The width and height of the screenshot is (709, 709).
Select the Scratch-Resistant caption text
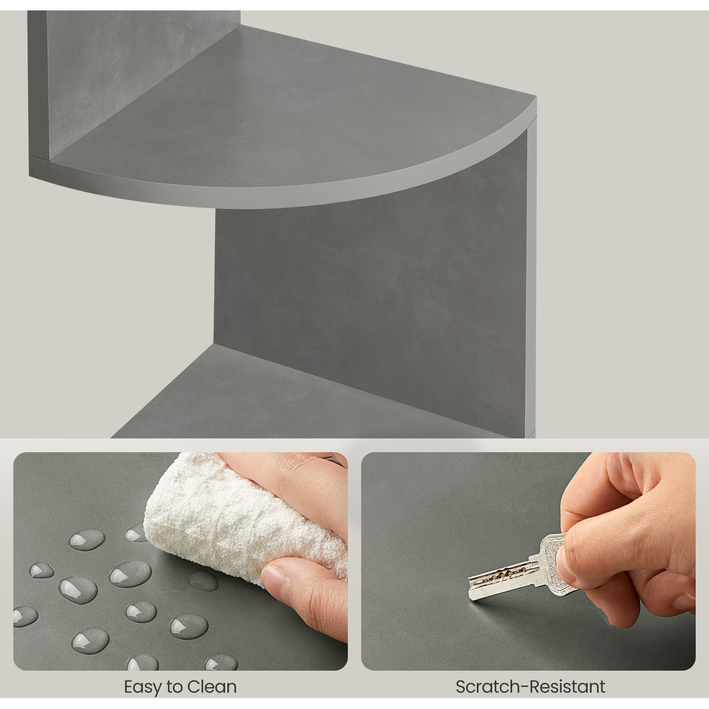(x=530, y=687)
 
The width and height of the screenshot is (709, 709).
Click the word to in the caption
(x=174, y=687)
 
